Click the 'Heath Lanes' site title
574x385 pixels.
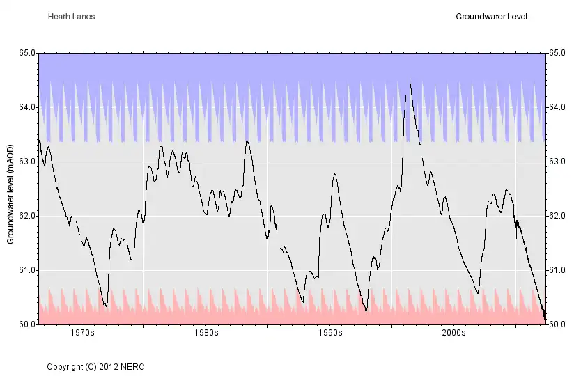(x=71, y=16)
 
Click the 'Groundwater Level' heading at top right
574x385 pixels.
(x=490, y=16)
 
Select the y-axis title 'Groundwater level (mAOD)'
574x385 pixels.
(x=10, y=188)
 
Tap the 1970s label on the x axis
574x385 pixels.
(x=82, y=333)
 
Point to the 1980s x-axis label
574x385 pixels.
(x=206, y=333)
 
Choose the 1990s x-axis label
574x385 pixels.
(x=329, y=333)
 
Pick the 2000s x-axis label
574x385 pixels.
(x=453, y=333)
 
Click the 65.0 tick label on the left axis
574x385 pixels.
(x=27, y=53)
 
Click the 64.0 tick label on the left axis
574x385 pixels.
(x=27, y=107)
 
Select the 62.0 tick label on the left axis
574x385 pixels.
(x=27, y=216)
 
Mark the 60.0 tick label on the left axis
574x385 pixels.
(x=27, y=324)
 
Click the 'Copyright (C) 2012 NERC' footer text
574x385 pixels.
(x=95, y=366)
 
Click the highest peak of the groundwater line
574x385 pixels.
(x=410, y=81)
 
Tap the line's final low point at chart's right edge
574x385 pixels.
(x=544, y=319)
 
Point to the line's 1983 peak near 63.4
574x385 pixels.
(x=247, y=141)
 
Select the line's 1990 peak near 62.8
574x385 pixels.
(x=334, y=174)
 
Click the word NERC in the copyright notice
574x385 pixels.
(x=133, y=366)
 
